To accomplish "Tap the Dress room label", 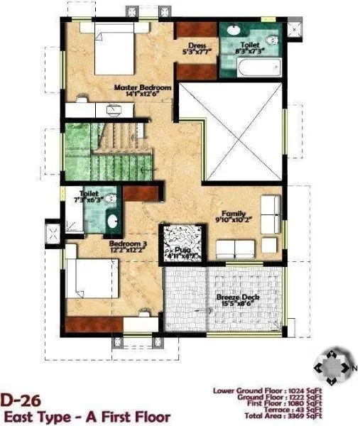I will click(x=197, y=45).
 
